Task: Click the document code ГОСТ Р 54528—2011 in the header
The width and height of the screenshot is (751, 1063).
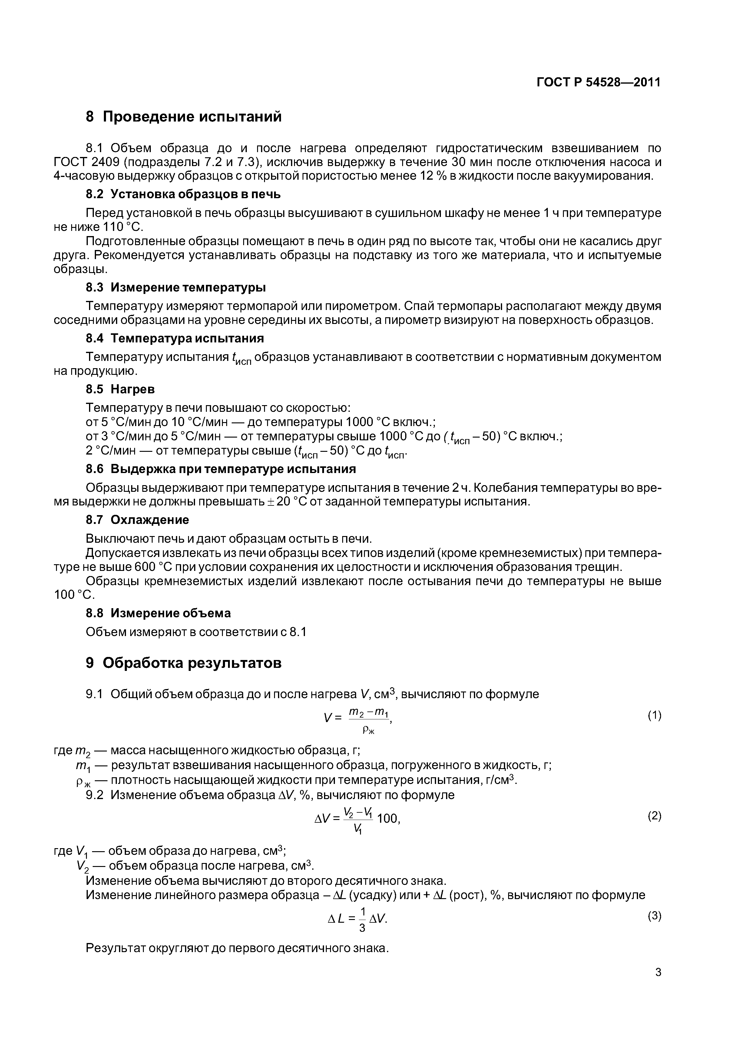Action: pos(598,82)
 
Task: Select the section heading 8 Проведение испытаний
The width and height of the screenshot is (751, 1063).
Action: pos(184,117)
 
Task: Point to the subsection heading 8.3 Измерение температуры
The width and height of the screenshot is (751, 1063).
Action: pos(176,288)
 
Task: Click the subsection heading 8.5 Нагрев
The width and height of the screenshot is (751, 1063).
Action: pos(120,389)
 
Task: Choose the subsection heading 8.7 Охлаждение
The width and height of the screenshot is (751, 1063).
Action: pos(137,519)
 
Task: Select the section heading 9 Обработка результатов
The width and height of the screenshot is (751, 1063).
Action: pos(184,663)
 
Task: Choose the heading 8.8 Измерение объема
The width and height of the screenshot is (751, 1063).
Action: pos(158,613)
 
